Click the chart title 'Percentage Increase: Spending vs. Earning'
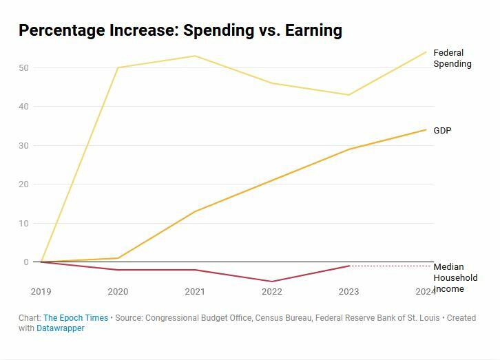pyautogui.click(x=180, y=30)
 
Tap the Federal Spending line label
pyautogui.click(x=452, y=59)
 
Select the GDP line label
pyautogui.click(x=442, y=131)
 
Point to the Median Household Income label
pyautogui.click(x=455, y=277)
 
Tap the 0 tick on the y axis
pyautogui.click(x=26, y=262)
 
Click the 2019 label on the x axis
pyautogui.click(x=41, y=292)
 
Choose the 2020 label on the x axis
pyautogui.click(x=118, y=292)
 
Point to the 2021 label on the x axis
pyautogui.click(x=195, y=292)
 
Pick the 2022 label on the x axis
pyautogui.click(x=272, y=292)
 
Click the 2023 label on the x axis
pyautogui.click(x=348, y=292)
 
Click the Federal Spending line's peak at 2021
pyautogui.click(x=195, y=56)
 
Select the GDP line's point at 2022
pyautogui.click(x=272, y=180)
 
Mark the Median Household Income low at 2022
pyautogui.click(x=272, y=282)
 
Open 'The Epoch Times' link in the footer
pyautogui.click(x=76, y=318)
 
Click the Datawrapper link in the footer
pyautogui.click(x=61, y=328)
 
